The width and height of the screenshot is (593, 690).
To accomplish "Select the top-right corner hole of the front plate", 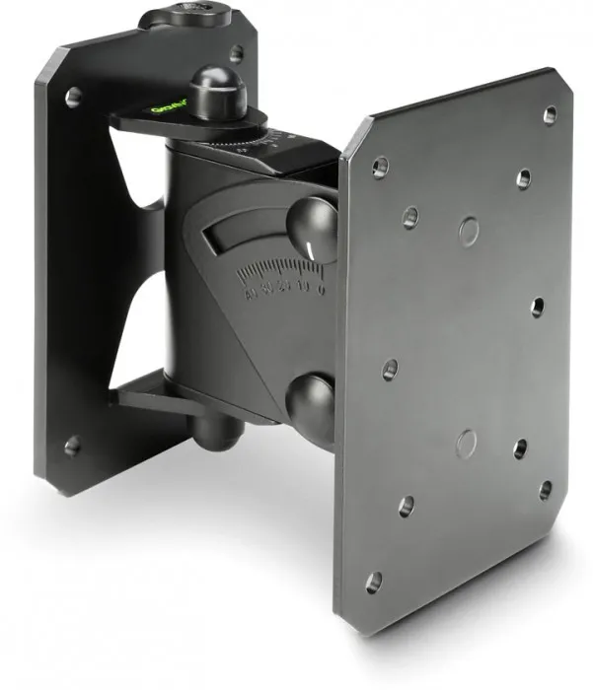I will click(x=550, y=114).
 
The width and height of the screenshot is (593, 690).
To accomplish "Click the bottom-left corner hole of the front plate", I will click(x=373, y=583).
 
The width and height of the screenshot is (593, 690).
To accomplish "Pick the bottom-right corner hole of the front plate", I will click(x=545, y=489).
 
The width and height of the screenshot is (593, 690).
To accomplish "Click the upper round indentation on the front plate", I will click(x=470, y=231).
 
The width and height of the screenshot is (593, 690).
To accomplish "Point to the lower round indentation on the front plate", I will click(x=467, y=444).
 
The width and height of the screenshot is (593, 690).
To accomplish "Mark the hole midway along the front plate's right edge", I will click(x=537, y=308).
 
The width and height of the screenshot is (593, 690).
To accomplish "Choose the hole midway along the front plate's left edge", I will click(x=390, y=370).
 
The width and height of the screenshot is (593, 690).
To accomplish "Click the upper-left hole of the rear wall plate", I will click(x=74, y=97).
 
